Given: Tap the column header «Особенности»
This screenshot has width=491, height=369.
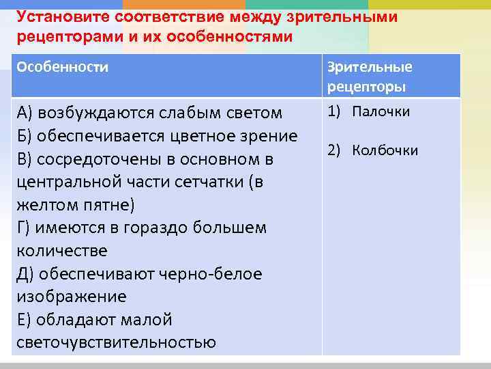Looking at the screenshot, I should pyautogui.click(x=62, y=68).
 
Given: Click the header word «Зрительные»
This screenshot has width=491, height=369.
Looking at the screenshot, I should pyautogui.click(x=370, y=68).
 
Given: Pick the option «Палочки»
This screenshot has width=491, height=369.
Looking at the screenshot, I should pyautogui.click(x=381, y=111).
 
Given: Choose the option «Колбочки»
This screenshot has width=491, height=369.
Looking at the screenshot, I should pyautogui.click(x=385, y=151).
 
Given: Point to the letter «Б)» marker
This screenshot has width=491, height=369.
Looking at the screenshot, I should pyautogui.click(x=25, y=136).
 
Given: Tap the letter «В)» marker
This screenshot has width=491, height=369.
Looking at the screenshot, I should pyautogui.click(x=25, y=159).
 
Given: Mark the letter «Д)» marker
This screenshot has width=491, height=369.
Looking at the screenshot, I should pyautogui.click(x=26, y=274).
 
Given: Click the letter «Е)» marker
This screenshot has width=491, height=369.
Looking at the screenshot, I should pyautogui.click(x=25, y=320).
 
